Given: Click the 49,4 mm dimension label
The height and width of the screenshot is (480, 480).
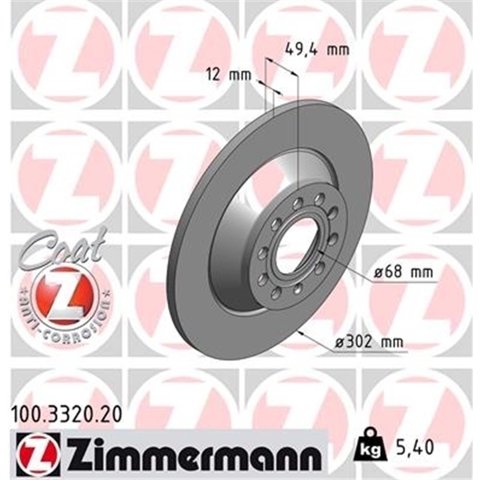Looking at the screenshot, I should tap(318, 50).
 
